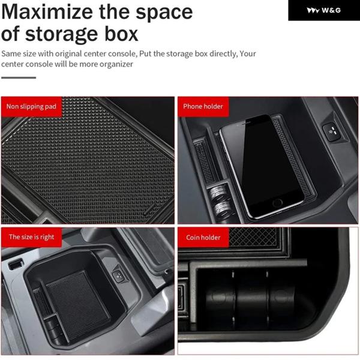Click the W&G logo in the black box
tap(324, 10)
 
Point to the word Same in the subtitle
tap(13, 54)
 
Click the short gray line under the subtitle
tap(19, 77)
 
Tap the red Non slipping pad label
tap(31, 107)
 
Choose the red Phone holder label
tap(203, 107)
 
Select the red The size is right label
tap(31, 237)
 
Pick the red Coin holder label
tap(203, 238)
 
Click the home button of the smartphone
tap(277, 203)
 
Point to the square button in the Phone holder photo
tap(332, 132)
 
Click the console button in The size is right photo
tap(119, 275)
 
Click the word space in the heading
tap(164, 13)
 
